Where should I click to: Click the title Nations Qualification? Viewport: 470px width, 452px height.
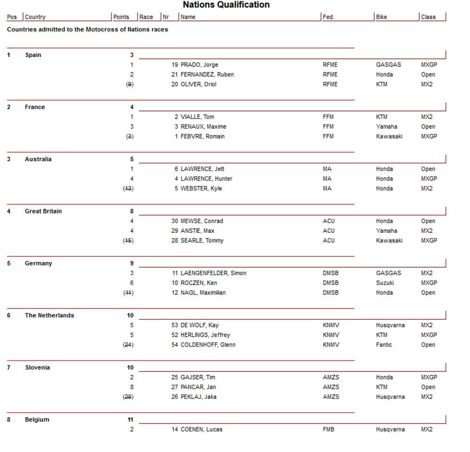(226, 5)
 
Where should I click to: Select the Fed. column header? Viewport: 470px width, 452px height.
(328, 17)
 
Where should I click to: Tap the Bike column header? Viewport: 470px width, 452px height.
(381, 17)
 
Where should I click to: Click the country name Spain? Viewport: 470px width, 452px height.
(33, 55)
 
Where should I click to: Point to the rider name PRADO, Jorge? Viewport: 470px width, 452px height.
(199, 65)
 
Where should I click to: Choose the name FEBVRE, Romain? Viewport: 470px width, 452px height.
(203, 136)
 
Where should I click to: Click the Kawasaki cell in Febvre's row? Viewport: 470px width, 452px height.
(390, 136)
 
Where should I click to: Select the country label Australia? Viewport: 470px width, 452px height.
(38, 159)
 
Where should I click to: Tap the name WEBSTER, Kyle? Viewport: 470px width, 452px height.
(201, 189)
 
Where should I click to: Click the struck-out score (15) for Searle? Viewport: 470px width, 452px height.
(128, 241)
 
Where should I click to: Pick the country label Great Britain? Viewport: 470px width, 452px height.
(43, 211)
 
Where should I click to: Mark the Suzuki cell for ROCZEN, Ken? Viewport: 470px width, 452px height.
(385, 283)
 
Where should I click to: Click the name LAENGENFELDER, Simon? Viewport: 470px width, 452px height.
(213, 273)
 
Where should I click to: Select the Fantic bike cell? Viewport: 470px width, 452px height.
(384, 345)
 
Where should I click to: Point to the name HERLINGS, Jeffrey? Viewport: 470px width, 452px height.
(205, 335)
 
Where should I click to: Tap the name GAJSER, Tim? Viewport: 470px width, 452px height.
(198, 377)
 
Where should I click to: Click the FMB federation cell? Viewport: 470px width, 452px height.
(329, 429)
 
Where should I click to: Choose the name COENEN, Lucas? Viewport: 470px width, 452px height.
(201, 429)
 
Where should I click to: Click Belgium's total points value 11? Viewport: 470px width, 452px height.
(130, 420)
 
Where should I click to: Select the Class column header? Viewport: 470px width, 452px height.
(428, 17)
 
